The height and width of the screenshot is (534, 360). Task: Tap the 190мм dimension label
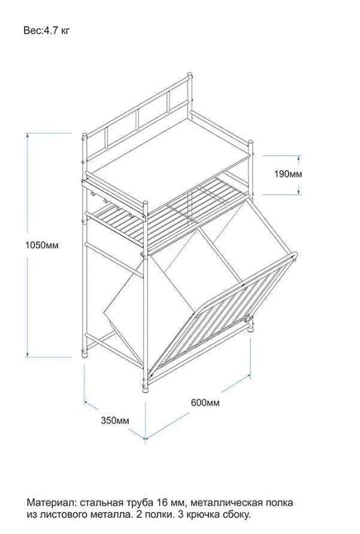coord(289,174)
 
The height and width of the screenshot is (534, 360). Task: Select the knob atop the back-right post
coord(190,76)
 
